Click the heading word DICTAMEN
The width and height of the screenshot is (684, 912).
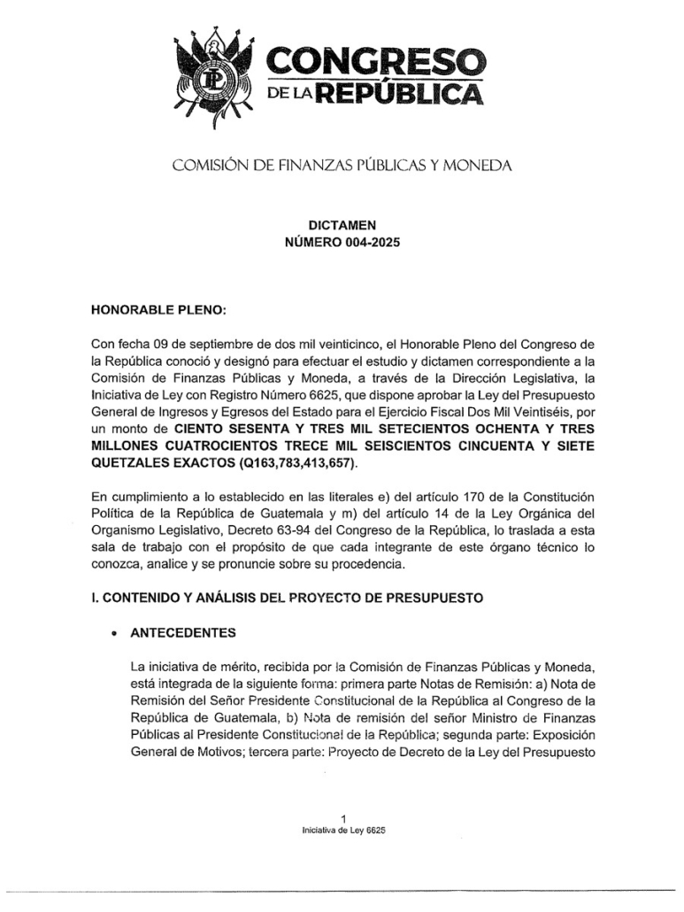[x=342, y=226]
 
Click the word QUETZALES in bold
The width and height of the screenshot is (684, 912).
[x=132, y=465]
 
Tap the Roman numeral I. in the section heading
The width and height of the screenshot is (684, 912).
[x=95, y=598]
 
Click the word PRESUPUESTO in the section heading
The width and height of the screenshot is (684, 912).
[x=435, y=598]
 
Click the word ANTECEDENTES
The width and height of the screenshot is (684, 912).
[x=182, y=633]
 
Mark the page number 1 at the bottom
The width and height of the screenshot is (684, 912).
[x=342, y=817]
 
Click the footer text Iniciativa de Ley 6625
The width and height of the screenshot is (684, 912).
[x=342, y=831]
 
